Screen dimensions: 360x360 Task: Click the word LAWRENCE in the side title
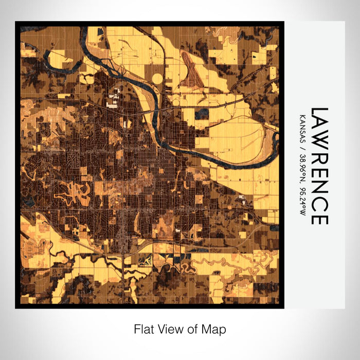tap(319, 166)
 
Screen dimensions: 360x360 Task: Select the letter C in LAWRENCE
tap(319, 202)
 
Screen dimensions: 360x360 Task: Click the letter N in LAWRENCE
tap(319, 186)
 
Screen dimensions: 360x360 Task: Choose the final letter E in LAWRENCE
tap(319, 218)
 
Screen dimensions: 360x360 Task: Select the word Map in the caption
tap(215, 329)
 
